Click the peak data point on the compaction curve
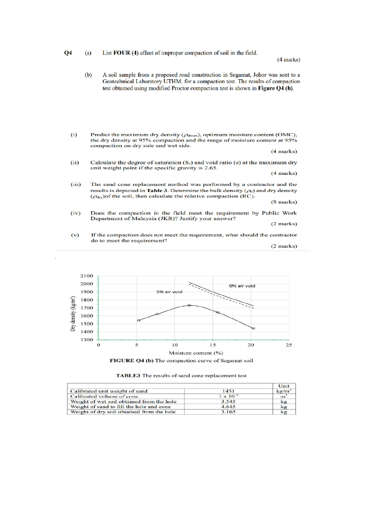pos(189,305)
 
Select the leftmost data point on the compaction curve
pos(139,320)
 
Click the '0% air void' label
pos(242,286)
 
